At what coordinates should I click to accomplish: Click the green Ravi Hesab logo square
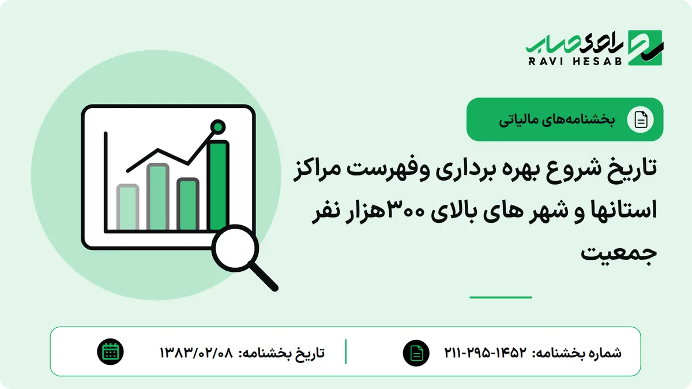coord(645,48)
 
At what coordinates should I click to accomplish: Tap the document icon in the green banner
coord(641,119)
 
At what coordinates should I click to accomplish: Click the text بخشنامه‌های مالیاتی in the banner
coord(556,119)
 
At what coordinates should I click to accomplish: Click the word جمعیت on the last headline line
coord(619,253)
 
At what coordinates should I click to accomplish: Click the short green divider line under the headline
coord(501,297)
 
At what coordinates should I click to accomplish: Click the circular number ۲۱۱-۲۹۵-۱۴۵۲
coord(485,352)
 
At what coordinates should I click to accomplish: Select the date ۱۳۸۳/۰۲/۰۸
coord(196,352)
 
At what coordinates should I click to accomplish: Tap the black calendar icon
coord(110,352)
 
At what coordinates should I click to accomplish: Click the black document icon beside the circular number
coord(416,353)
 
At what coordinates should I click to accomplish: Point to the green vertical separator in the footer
coord(345,351)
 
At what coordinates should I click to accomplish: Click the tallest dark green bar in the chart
coord(219,185)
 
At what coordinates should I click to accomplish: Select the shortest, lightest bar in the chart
coord(127,207)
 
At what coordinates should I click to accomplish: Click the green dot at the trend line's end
coord(218,127)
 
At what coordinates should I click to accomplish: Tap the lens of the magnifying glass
coord(235,248)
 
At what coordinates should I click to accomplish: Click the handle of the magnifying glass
coord(264,276)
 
